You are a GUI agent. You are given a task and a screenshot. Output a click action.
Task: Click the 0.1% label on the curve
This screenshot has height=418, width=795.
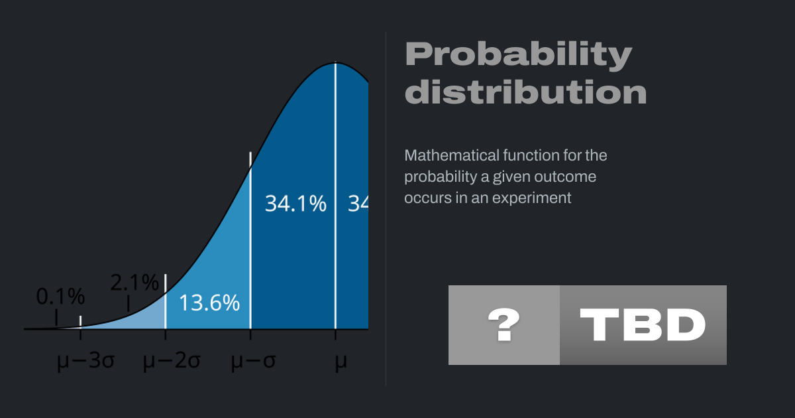[x=60, y=297]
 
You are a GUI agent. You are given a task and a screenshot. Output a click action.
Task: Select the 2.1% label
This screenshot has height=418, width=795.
[x=134, y=283]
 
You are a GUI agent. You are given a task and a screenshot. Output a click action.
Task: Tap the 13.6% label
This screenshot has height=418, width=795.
[x=209, y=303]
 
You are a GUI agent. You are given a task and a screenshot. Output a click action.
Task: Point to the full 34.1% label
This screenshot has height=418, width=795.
[x=295, y=204]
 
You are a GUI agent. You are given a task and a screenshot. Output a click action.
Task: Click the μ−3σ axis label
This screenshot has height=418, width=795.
[x=85, y=361]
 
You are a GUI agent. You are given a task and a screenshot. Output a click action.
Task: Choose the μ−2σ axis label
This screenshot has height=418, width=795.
[x=172, y=361]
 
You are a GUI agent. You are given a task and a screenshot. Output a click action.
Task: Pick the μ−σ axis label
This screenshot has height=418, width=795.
[x=253, y=361]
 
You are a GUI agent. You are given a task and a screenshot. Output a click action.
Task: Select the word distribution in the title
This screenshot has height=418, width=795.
[x=525, y=92]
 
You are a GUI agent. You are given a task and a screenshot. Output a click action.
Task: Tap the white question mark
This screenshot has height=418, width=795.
[x=504, y=325]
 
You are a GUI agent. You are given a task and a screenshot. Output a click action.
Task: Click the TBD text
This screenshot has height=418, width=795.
[x=643, y=325]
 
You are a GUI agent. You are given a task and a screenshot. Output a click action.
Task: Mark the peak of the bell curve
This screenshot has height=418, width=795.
[x=335, y=63]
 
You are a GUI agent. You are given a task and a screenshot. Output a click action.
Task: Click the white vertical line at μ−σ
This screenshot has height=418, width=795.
[x=250, y=240]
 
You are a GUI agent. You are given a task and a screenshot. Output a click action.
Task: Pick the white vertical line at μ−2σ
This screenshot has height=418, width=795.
[x=166, y=301]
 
